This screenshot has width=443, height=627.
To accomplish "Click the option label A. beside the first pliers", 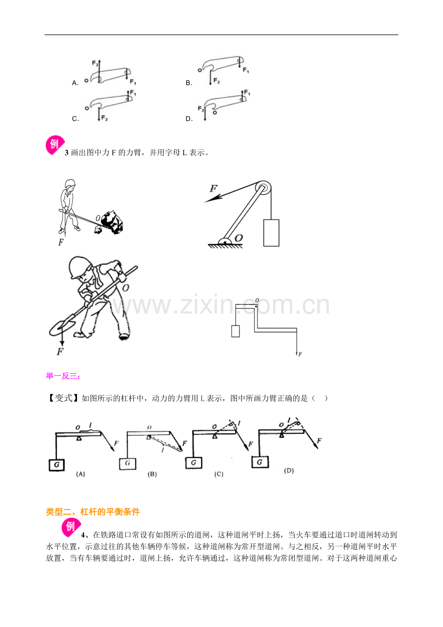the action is (75, 83).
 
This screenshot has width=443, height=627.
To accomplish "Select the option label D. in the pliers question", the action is (189, 118).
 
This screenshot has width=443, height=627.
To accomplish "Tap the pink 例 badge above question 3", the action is (55, 145).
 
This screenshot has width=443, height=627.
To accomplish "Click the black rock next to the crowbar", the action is (112, 222).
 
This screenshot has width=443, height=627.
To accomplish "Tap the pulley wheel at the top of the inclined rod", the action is (263, 188).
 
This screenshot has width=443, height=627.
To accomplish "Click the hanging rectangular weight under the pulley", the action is (271, 233).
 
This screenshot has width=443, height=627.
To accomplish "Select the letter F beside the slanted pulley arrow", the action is (213, 188).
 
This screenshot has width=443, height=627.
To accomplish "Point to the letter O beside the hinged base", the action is (239, 237).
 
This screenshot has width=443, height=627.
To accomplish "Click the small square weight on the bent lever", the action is (235, 331).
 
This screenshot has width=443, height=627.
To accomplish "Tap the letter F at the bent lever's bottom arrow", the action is (300, 354).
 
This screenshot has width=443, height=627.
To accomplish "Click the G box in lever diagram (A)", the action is (57, 465).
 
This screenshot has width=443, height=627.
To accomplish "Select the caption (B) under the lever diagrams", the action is (152, 474).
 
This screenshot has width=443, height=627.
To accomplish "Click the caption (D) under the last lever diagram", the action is (289, 471).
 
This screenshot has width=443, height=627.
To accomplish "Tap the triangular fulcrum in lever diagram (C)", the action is (215, 436).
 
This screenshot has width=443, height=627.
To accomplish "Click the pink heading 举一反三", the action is (63, 376).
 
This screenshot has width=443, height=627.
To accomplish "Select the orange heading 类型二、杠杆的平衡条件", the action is (93, 512).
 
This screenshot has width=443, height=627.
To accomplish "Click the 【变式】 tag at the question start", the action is (63, 398).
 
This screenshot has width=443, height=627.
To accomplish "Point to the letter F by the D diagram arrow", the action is (319, 441).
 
